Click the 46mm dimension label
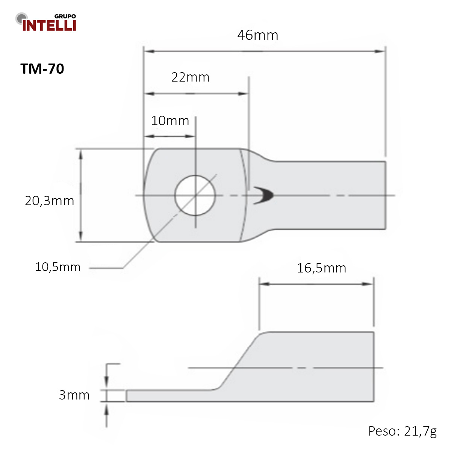[x=257, y=35]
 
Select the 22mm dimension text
[x=190, y=77]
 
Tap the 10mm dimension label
[x=170, y=121]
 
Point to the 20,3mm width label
[x=49, y=201]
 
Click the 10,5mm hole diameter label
[x=58, y=267]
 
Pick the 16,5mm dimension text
[x=321, y=268]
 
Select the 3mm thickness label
[x=74, y=395]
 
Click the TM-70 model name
[x=42, y=68]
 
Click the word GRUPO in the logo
[x=65, y=16]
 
